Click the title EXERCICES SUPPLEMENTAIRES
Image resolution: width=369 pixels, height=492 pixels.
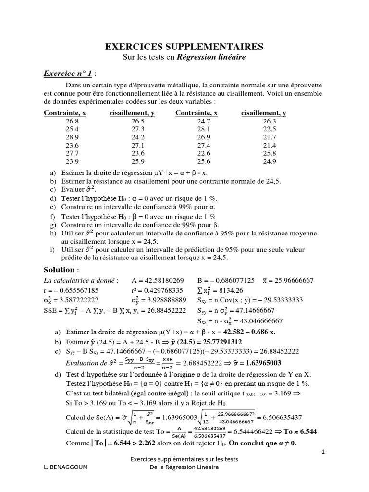click(x=184, y=47)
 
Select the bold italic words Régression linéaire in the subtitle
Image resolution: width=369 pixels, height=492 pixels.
click(x=211, y=57)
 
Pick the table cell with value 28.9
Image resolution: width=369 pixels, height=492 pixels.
click(x=72, y=137)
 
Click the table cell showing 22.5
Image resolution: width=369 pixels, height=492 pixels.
click(x=270, y=129)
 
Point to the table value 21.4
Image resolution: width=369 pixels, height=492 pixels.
click(x=270, y=145)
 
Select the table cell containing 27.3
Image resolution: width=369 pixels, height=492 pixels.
click(x=138, y=129)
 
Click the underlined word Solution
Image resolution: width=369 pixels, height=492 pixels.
click(x=60, y=270)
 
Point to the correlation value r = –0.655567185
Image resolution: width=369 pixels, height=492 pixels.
click(x=71, y=290)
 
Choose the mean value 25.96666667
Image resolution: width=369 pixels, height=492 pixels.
click(x=293, y=280)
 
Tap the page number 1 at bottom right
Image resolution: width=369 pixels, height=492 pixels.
click(x=323, y=452)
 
